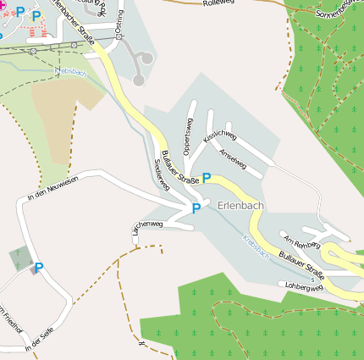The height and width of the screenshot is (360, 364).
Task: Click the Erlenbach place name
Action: click(x=240, y=205)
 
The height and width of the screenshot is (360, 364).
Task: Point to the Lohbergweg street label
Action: click(x=306, y=286)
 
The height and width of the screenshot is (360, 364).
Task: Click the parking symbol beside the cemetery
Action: click(x=38, y=268)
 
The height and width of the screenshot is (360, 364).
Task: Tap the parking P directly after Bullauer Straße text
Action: click(x=207, y=178)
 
